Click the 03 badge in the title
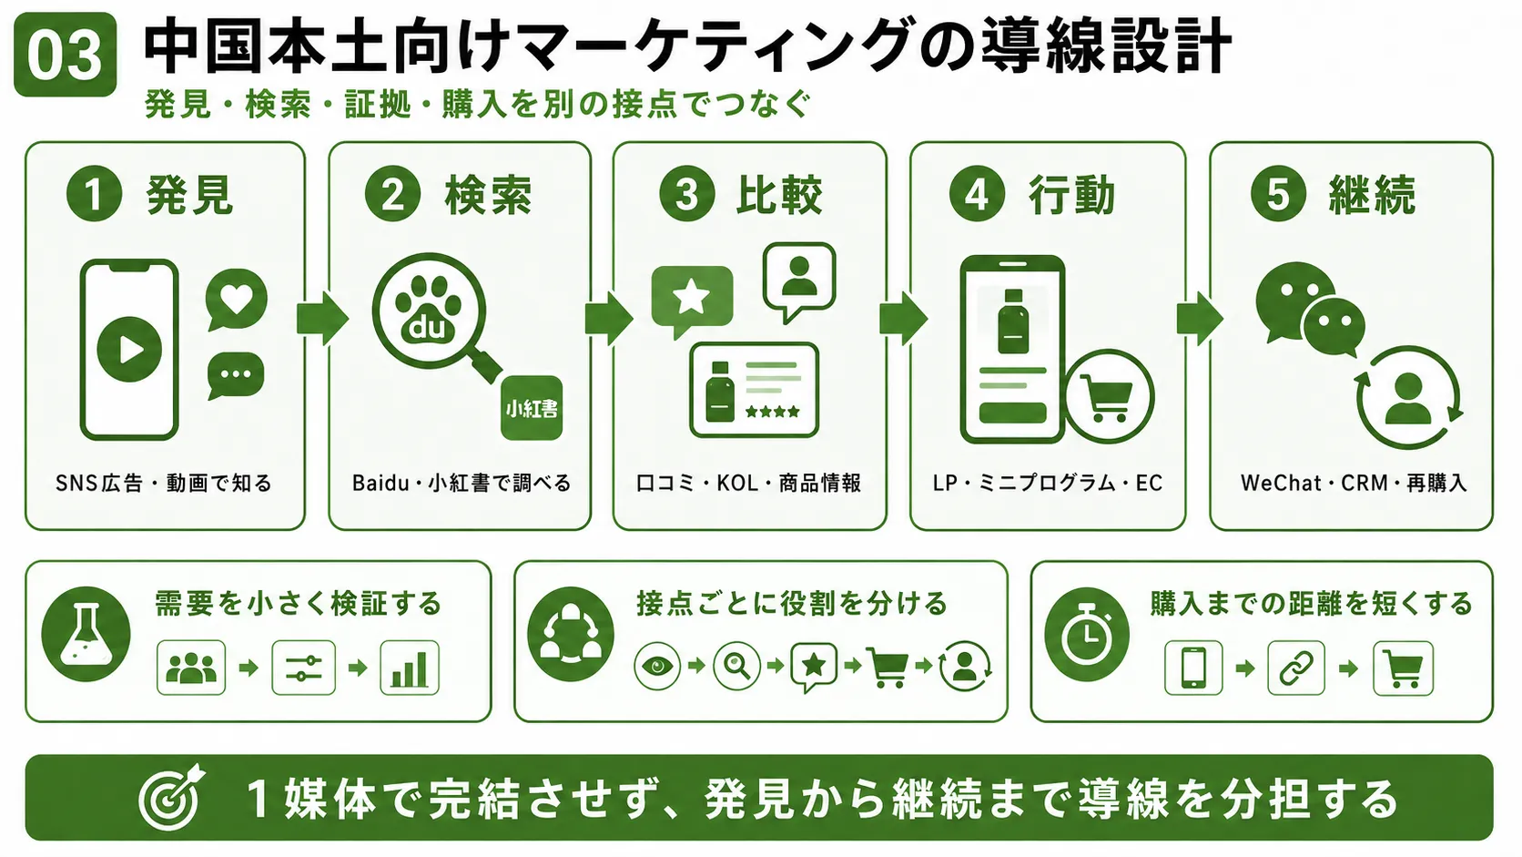66,55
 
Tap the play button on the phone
129,350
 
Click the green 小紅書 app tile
532,408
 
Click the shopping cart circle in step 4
1109,397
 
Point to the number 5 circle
1278,194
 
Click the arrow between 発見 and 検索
322,318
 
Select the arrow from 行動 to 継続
1199,318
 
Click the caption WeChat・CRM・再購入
1354,484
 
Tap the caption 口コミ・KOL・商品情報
749,484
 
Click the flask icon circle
86,634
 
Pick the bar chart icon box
410,668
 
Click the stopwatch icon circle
1087,634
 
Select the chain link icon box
1296,668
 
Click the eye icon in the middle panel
657,666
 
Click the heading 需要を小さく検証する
299,604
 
